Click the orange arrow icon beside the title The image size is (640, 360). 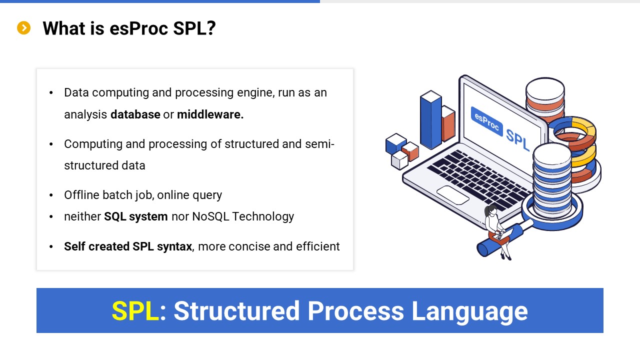(23, 28)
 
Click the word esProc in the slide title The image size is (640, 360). (138, 28)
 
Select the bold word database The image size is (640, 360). (135, 114)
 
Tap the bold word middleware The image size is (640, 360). (210, 114)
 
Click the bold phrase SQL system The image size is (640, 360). (135, 216)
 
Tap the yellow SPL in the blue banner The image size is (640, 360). (135, 311)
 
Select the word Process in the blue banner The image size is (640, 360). (355, 311)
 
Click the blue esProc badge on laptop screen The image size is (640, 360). (486, 121)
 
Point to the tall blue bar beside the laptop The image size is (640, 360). (430, 119)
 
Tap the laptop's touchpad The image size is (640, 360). (452, 195)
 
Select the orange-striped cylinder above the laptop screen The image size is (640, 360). (545, 100)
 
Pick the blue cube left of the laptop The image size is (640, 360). (395, 143)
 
